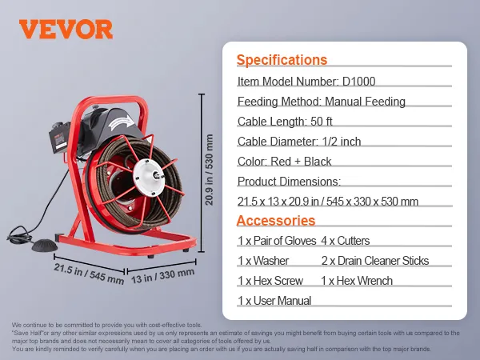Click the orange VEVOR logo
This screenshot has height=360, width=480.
pos(66,30)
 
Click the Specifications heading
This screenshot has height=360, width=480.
pos(282,60)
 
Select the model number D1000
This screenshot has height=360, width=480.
pos(358,82)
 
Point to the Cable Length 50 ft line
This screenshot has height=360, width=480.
pos(285,122)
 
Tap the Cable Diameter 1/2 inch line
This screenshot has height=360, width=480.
pos(299,142)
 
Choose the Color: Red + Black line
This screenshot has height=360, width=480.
pos(284,162)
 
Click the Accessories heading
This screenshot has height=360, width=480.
pos(275,221)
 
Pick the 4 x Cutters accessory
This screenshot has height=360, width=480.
pos(346,241)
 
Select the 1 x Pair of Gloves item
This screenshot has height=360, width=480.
pos(277,241)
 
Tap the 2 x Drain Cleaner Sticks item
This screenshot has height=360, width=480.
pos(375,261)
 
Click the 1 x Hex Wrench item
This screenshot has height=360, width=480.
pos(357,281)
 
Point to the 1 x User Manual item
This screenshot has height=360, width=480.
pos(274,301)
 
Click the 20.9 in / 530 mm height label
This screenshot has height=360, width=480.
pos(209,170)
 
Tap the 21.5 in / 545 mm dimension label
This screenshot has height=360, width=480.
pos(89,274)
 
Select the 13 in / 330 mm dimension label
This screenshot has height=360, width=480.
pos(163,276)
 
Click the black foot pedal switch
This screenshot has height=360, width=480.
pos(44,245)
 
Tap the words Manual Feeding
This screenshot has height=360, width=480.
pos(365,102)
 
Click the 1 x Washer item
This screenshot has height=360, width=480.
pos(263,261)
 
